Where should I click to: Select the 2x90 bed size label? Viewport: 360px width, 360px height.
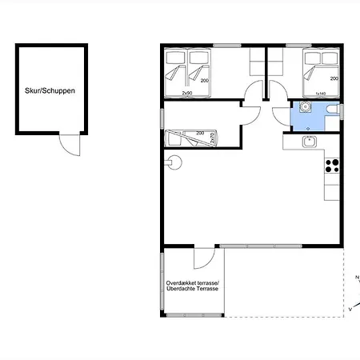pos(186,94)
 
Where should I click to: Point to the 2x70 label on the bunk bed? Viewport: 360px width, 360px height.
pos(212,138)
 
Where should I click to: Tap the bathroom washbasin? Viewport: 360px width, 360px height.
pos(304,107)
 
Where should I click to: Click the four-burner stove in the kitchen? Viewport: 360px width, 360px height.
pos(331,166)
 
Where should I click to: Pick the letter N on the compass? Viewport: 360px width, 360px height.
pos(356,278)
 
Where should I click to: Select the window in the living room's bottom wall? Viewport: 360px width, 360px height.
pos(261,246)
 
